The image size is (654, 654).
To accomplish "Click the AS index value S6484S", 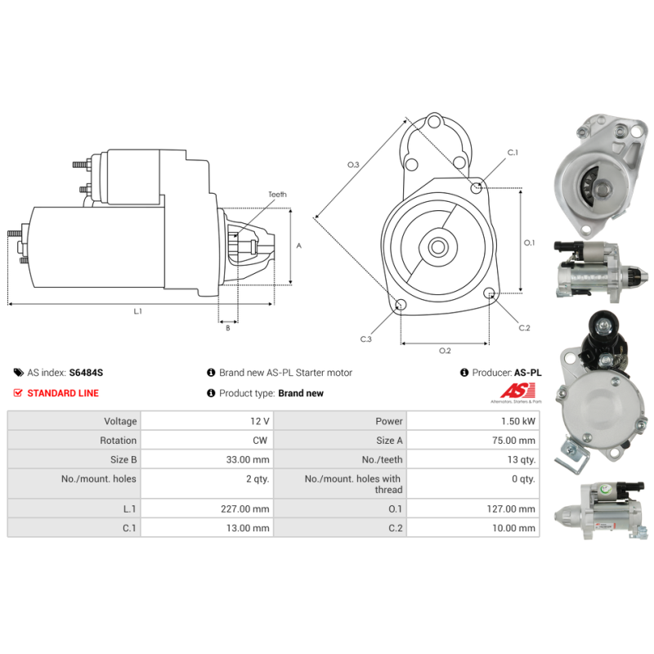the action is tap(86, 373).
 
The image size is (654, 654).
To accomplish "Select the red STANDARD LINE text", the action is tap(63, 393).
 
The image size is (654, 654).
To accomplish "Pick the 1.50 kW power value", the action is tap(518, 421).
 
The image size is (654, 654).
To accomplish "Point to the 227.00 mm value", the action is tap(244, 508).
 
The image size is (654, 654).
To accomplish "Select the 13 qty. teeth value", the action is tap(522, 459).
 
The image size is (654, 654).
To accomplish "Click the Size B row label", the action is tap(123, 459).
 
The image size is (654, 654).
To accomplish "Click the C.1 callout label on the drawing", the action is tap(513, 153).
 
